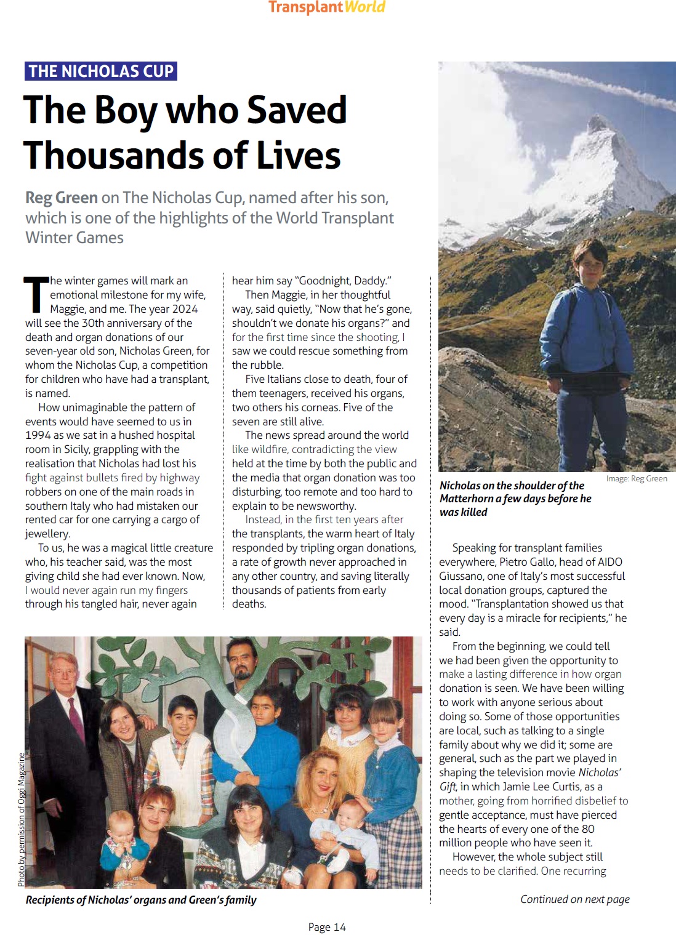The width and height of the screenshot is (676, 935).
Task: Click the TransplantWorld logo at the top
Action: pos(326,7)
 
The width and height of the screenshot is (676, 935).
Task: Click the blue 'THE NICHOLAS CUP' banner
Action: pos(101,71)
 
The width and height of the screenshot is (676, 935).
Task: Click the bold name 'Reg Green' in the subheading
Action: pos(62,198)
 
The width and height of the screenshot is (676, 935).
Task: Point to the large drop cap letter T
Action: pos(36,294)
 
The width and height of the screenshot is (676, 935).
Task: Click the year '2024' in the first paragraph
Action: pos(184,309)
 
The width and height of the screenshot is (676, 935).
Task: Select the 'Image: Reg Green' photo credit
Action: pos(636,478)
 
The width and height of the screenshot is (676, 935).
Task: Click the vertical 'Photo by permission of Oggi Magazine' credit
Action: pos(21,819)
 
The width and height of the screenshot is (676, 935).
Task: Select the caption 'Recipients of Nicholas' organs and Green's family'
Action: pos(141,900)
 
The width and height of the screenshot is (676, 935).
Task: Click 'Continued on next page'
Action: pos(574,899)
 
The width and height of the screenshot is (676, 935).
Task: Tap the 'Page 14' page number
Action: pos(327,927)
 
